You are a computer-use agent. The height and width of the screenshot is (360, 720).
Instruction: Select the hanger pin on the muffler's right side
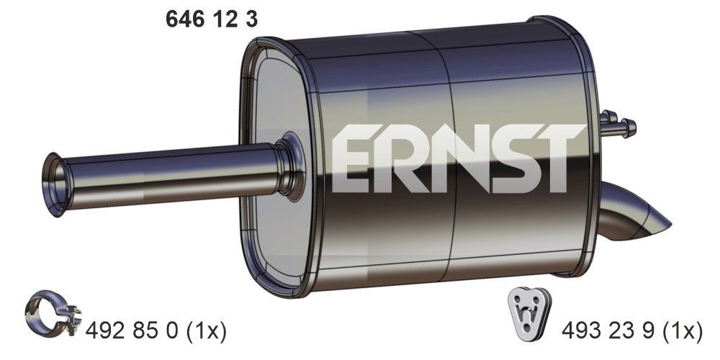618,127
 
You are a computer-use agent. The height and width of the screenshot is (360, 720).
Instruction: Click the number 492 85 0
133,331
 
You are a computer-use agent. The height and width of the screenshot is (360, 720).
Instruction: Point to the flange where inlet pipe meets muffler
290,166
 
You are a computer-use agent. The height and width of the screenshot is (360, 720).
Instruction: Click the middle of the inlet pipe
173,173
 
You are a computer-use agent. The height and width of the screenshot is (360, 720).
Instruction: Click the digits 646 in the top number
183,21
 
